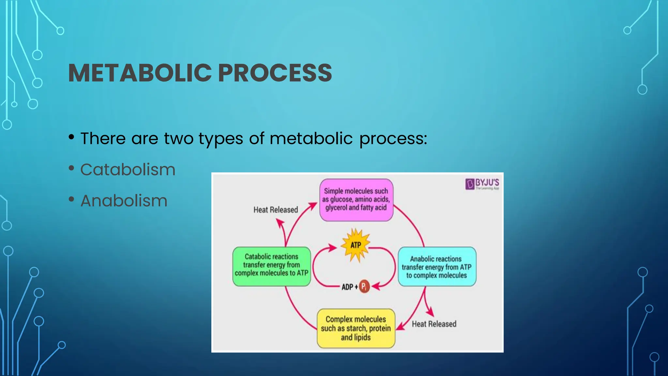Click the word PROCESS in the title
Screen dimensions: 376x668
tap(275, 73)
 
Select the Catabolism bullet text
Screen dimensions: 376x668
tap(128, 170)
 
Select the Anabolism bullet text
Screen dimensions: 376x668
tap(124, 201)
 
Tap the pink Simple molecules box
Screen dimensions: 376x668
tap(356, 199)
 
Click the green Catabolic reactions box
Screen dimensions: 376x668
tap(271, 266)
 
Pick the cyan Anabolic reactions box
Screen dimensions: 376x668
tap(437, 267)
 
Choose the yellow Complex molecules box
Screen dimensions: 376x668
tap(356, 328)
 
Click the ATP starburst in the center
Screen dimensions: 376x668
tap(356, 245)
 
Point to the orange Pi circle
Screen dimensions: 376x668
tap(364, 287)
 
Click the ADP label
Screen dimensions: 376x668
tap(348, 287)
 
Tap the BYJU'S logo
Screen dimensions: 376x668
tap(482, 184)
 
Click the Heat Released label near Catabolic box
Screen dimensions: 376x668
tap(276, 210)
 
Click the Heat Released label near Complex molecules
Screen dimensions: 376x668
tap(434, 324)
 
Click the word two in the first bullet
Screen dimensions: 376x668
tap(178, 138)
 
